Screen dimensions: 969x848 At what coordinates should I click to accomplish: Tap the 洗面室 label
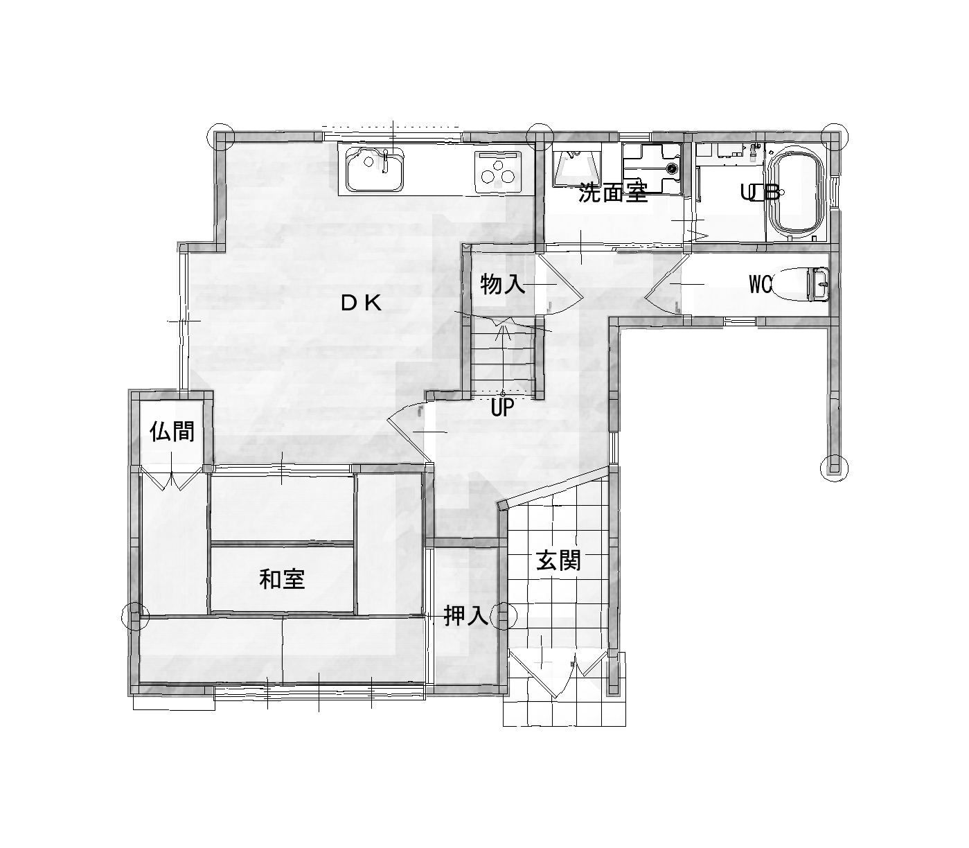pyautogui.click(x=613, y=193)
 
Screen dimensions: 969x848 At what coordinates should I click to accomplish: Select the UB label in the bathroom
pyautogui.click(x=760, y=192)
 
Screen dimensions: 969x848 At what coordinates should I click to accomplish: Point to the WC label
pyautogui.click(x=761, y=284)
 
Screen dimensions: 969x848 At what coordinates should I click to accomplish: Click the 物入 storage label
pyautogui.click(x=502, y=285)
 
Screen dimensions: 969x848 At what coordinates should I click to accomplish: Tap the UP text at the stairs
pyautogui.click(x=502, y=407)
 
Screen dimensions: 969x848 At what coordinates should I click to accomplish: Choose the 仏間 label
pyautogui.click(x=172, y=432)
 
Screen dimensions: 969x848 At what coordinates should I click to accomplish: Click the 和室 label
pyautogui.click(x=282, y=579)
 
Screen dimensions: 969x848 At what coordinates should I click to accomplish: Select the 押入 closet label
pyautogui.click(x=465, y=616)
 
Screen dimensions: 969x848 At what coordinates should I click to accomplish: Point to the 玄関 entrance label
pyautogui.click(x=558, y=561)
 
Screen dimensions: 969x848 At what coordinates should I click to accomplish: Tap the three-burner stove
pyautogui.click(x=498, y=173)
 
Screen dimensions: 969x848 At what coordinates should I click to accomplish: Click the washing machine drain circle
pyautogui.click(x=671, y=168)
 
